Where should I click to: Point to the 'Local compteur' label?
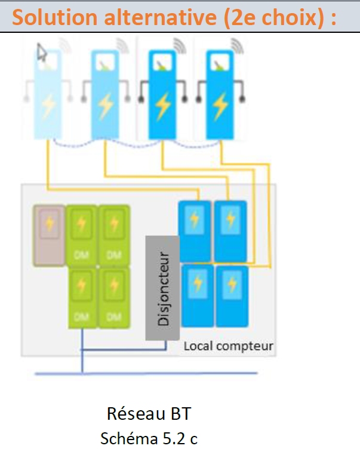click(228, 346)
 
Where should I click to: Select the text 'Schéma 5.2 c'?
click(149, 439)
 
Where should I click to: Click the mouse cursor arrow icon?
click(41, 53)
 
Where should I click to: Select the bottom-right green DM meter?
click(114, 297)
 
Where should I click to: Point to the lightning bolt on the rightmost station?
click(220, 106)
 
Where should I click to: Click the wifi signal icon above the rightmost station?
click(237, 45)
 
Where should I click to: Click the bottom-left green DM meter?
click(82, 297)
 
